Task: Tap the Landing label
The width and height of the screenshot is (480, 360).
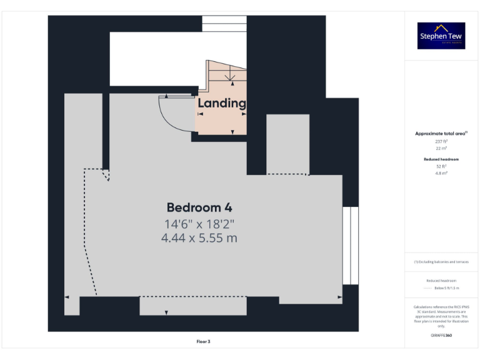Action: pos(222,103)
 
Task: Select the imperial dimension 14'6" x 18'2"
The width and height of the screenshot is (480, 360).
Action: pos(201,224)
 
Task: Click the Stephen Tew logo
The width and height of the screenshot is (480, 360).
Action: pos(441,36)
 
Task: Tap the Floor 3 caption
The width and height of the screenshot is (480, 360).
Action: pos(203,341)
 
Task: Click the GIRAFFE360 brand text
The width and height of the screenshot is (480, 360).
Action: pos(441,336)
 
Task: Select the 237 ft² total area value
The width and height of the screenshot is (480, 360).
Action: pos(441,141)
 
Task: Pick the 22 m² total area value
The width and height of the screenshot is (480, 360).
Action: pos(441,147)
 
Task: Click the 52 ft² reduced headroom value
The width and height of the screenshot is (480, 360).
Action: pos(441,166)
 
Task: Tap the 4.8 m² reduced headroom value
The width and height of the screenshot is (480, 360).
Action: pos(441,172)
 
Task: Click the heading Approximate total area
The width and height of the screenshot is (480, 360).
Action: pos(440,134)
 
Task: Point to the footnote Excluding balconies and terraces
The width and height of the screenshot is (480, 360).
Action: pos(441,262)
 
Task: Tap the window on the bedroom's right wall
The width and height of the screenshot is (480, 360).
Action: pos(351,245)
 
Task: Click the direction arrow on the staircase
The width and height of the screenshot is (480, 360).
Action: pos(231,77)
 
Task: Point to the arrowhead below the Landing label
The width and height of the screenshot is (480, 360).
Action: pos(232,132)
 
